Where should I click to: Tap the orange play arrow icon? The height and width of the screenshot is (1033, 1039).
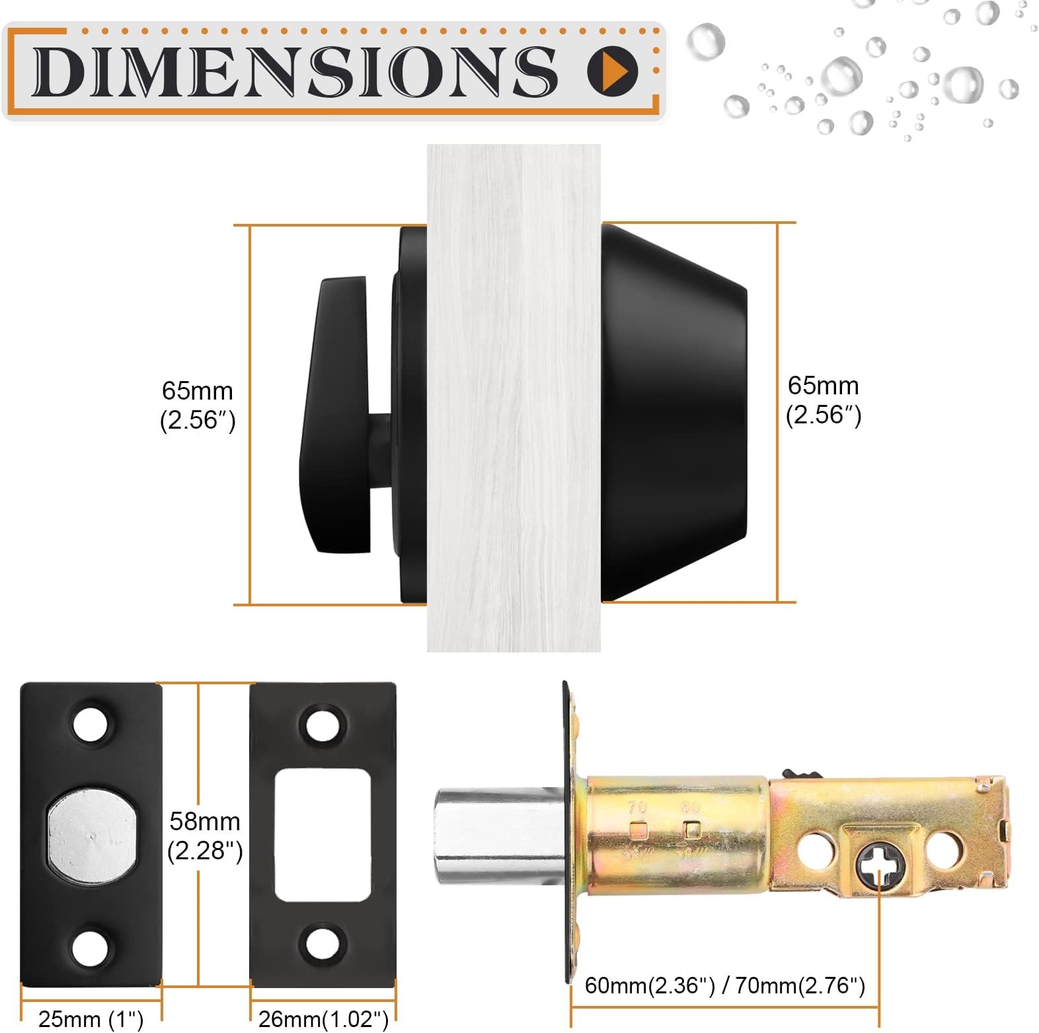coord(613,69)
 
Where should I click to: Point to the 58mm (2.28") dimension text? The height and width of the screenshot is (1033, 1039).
coord(205,836)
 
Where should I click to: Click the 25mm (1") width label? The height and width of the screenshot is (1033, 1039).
coord(91,1018)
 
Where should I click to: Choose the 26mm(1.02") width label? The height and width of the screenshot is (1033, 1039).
coord(323,1018)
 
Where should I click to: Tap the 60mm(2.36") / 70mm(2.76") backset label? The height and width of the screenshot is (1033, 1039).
coord(725,985)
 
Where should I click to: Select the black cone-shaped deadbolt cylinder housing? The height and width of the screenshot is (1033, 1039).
coord(673,412)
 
